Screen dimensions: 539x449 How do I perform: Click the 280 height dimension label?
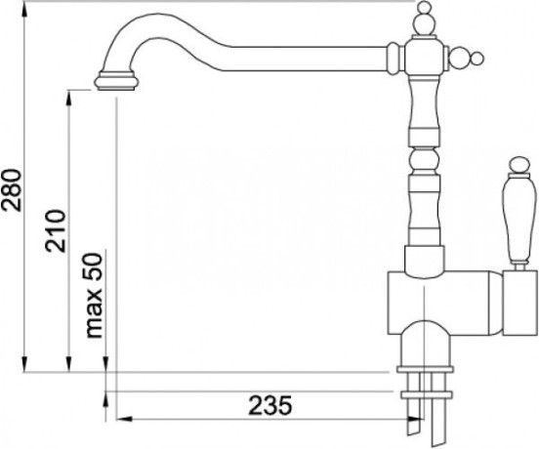tap(12, 189)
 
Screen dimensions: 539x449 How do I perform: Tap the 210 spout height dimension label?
tap(55, 231)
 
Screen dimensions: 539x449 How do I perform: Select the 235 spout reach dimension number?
tap(270, 405)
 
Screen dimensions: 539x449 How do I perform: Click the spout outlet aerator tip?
tap(116, 81)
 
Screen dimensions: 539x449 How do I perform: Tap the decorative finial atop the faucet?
tap(423, 19)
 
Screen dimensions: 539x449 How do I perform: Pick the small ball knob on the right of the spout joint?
tap(477, 58)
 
